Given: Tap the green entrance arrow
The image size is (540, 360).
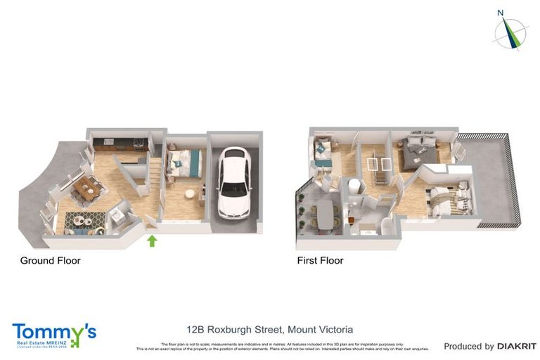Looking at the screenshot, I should (x=152, y=241).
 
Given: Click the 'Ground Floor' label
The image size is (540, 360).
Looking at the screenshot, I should (x=50, y=260).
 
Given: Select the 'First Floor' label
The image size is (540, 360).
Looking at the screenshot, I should (x=320, y=260).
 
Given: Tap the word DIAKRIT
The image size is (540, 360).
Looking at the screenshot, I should (x=517, y=346).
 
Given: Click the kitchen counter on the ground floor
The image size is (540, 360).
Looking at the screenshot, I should (x=120, y=143).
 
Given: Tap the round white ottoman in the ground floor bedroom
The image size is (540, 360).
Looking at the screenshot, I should (x=189, y=193).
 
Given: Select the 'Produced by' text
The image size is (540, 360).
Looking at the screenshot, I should (x=469, y=346).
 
